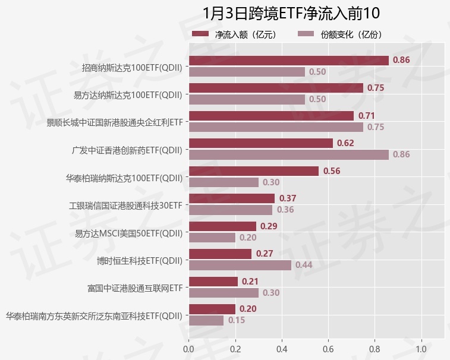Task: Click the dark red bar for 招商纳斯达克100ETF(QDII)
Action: [x=288, y=61]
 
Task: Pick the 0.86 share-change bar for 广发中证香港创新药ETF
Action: [x=288, y=154]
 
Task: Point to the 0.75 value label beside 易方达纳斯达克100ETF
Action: [x=376, y=88]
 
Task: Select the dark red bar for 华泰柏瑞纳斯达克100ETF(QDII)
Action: [x=254, y=171]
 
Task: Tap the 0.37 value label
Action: [x=288, y=198]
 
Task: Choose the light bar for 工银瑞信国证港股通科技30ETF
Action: [x=231, y=210]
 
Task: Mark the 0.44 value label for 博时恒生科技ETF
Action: [x=304, y=265]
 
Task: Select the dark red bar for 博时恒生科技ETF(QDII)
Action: [x=220, y=254]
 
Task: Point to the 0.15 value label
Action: [x=237, y=320]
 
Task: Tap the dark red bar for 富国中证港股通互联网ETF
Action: [x=213, y=282]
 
